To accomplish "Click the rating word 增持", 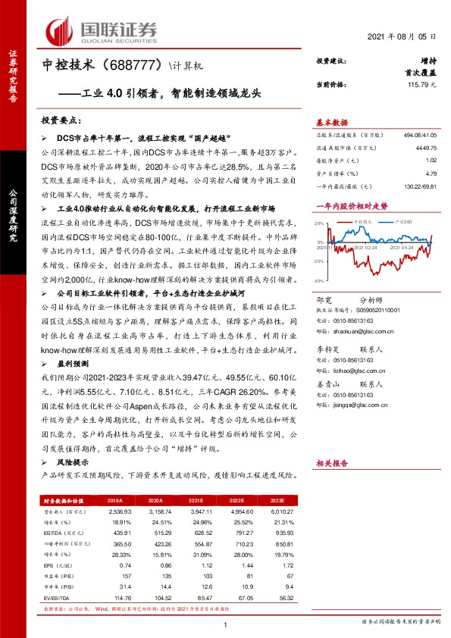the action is point(428,61).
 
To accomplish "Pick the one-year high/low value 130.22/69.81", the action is point(420,185).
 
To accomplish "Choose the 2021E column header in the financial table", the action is point(195,501).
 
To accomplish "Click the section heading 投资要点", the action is point(62,120).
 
